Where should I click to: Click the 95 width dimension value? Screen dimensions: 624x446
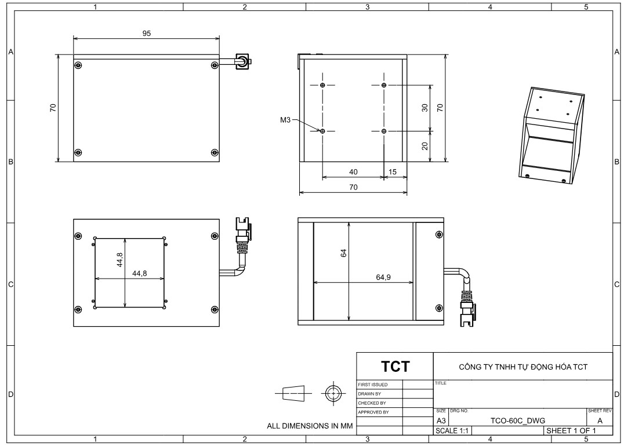[x=147, y=34]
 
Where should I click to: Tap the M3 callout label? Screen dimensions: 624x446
[x=285, y=120]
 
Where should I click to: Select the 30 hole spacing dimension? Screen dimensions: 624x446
[x=425, y=108]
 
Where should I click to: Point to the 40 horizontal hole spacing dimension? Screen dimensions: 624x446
[x=353, y=171]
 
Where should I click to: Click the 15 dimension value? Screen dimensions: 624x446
[x=393, y=171]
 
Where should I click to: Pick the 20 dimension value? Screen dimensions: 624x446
[x=425, y=147]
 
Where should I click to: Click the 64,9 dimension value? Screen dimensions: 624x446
[x=383, y=277]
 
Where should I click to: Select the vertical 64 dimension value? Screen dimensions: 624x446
[x=344, y=253]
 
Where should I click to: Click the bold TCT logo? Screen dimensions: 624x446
[x=395, y=367]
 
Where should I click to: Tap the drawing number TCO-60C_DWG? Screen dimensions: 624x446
[x=518, y=421]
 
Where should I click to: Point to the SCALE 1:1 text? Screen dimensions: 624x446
[x=452, y=430]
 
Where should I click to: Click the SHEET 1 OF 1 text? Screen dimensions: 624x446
[x=571, y=430]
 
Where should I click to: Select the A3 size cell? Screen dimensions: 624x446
[x=441, y=421]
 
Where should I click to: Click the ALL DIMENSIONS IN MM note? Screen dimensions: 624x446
[x=310, y=426]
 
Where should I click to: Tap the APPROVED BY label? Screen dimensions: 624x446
[x=373, y=412]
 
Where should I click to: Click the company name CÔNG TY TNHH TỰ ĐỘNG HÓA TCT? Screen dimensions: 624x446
[x=523, y=367]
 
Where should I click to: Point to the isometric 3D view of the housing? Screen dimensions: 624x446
[x=552, y=136]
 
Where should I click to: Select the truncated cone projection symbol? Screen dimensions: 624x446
[x=293, y=393]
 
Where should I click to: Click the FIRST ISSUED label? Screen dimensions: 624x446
[x=372, y=385]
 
